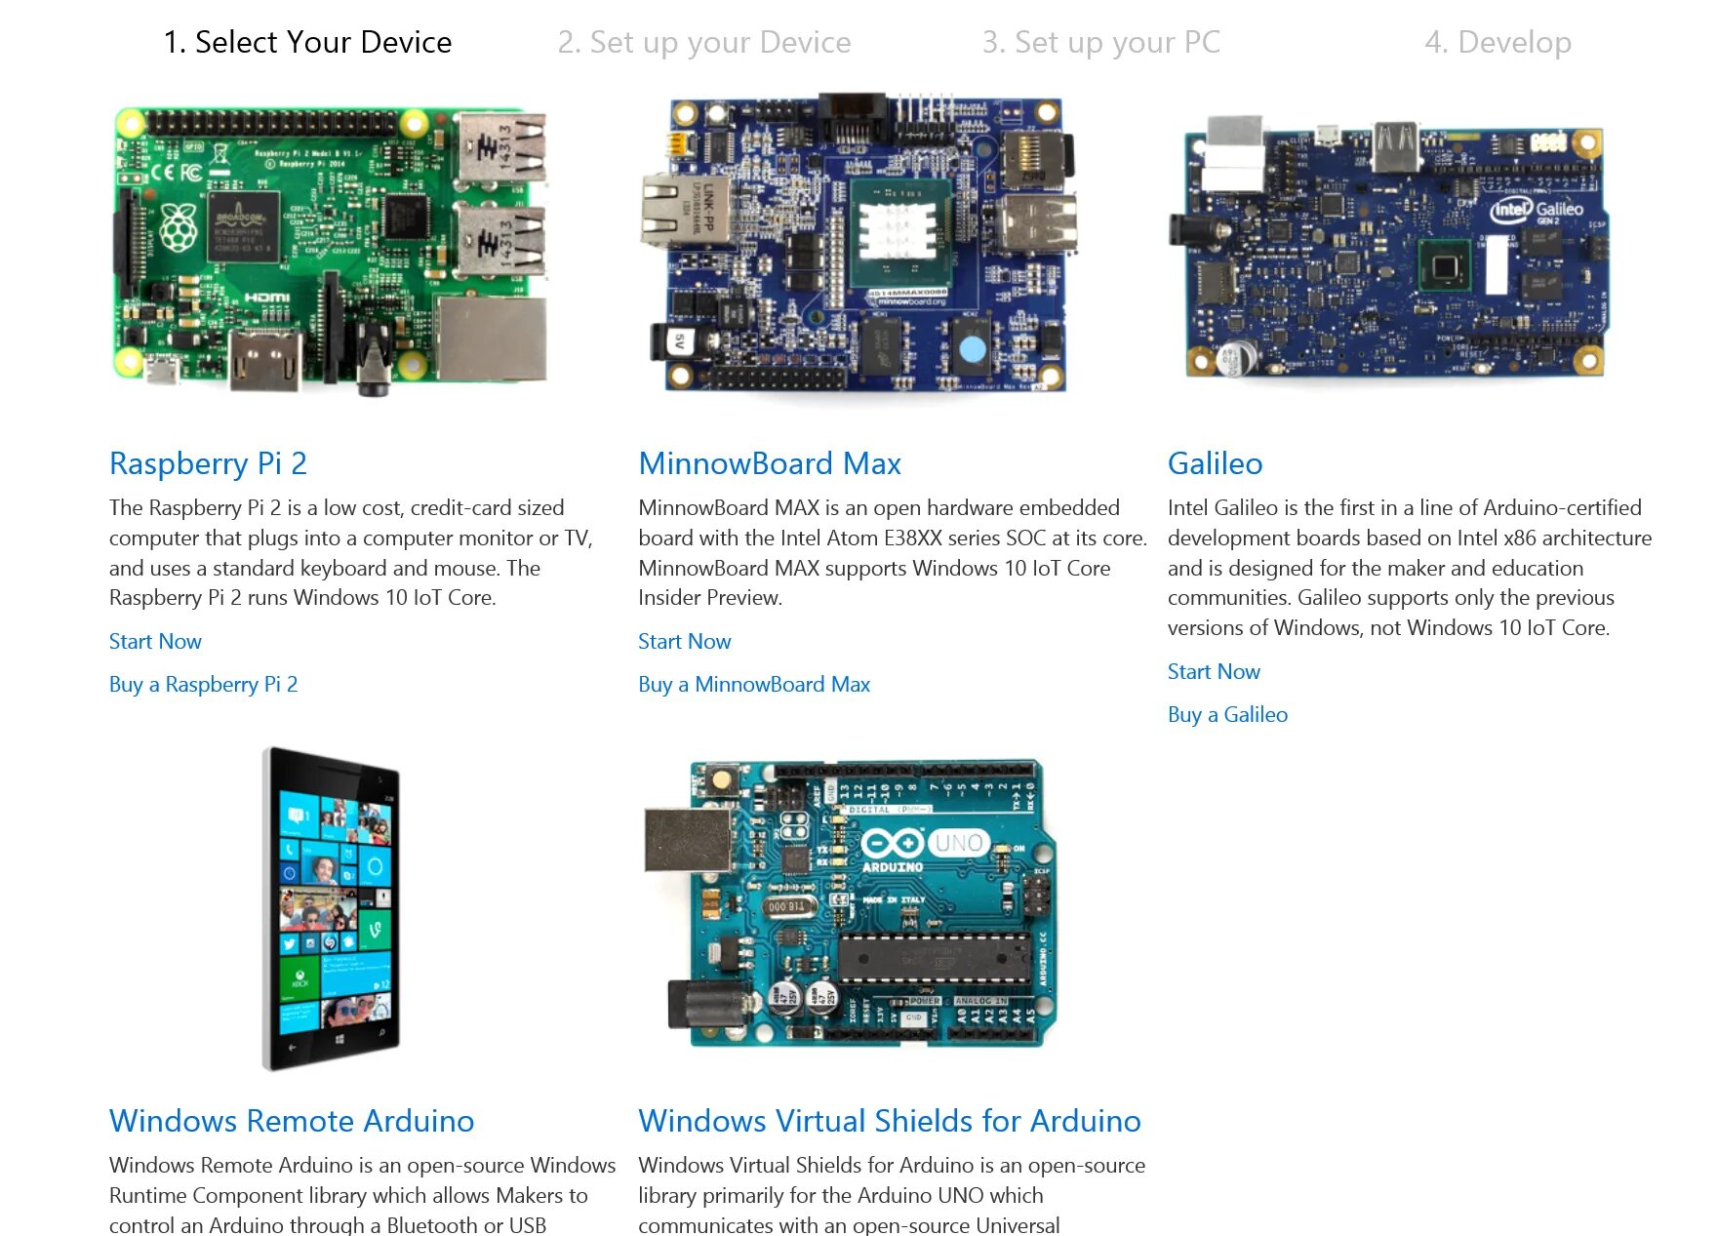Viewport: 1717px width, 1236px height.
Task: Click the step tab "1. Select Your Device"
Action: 307,42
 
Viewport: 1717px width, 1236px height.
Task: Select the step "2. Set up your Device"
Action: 703,42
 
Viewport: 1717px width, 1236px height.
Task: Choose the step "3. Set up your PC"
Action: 1100,42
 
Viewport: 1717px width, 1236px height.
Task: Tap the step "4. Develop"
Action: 1497,42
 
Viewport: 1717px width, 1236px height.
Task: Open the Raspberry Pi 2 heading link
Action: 208,463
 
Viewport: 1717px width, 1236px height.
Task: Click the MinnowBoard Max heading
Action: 769,463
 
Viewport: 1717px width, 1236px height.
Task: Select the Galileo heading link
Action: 1215,463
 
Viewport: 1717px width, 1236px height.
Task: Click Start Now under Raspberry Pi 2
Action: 155,641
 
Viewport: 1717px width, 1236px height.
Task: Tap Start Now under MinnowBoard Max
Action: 684,641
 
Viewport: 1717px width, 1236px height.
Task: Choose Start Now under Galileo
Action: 1214,671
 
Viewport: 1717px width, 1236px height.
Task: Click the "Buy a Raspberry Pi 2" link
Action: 203,684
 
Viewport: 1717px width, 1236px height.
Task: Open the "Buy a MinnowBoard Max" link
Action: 753,684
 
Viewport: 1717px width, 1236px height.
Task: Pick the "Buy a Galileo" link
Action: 1227,714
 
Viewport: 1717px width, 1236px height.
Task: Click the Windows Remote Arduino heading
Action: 291,1121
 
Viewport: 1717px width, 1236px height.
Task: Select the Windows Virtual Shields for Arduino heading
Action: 889,1121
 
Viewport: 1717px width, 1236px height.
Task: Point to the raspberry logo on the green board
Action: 179,226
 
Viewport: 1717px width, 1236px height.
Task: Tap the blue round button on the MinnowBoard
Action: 973,348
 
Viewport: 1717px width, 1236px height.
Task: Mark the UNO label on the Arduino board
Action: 958,842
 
